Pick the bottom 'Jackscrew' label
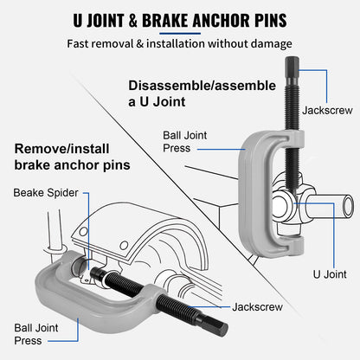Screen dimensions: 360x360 tap(257, 306)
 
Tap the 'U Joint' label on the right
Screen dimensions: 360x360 tap(330, 273)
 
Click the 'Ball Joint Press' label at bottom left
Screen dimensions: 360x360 tap(36, 334)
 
